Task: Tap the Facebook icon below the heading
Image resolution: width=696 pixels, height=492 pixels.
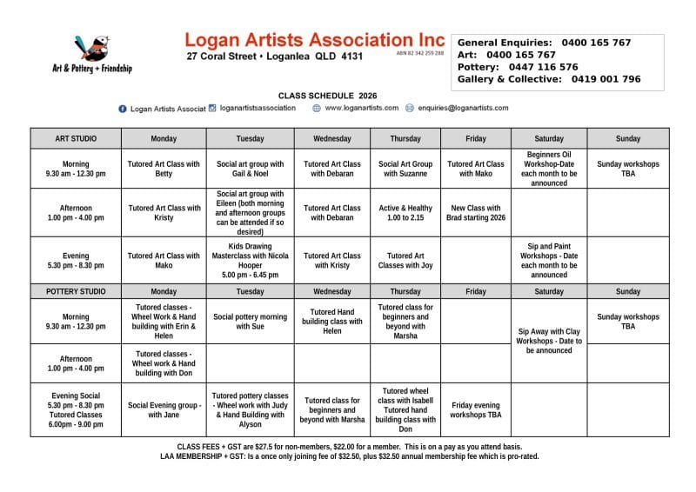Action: [123, 109]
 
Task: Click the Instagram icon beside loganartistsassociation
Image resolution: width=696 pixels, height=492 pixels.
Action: [212, 109]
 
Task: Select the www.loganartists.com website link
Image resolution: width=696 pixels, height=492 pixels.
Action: [361, 109]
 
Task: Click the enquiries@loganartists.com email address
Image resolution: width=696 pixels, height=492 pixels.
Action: [462, 109]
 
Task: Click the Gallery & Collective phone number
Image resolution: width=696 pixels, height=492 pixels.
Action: [606, 79]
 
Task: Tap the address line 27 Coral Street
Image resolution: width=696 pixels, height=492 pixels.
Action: [274, 57]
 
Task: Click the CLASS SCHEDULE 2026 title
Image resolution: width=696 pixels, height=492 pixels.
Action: [327, 95]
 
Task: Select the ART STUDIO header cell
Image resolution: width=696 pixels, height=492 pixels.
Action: [76, 139]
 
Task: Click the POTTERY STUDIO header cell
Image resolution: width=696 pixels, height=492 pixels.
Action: [76, 291]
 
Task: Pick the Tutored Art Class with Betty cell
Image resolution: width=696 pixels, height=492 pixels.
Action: [164, 169]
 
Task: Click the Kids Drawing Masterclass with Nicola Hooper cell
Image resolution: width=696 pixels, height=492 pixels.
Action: [250, 260]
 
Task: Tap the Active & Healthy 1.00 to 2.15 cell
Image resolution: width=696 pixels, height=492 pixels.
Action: [405, 213]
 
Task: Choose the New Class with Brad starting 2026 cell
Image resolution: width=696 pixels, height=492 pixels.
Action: [475, 213]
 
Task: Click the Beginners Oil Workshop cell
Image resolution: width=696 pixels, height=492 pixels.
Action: [549, 169]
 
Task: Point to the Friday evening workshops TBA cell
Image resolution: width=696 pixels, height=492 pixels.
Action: [475, 409]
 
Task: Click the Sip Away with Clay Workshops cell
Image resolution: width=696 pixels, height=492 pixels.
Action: [549, 341]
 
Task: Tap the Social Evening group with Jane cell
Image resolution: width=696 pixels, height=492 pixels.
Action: [164, 409]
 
